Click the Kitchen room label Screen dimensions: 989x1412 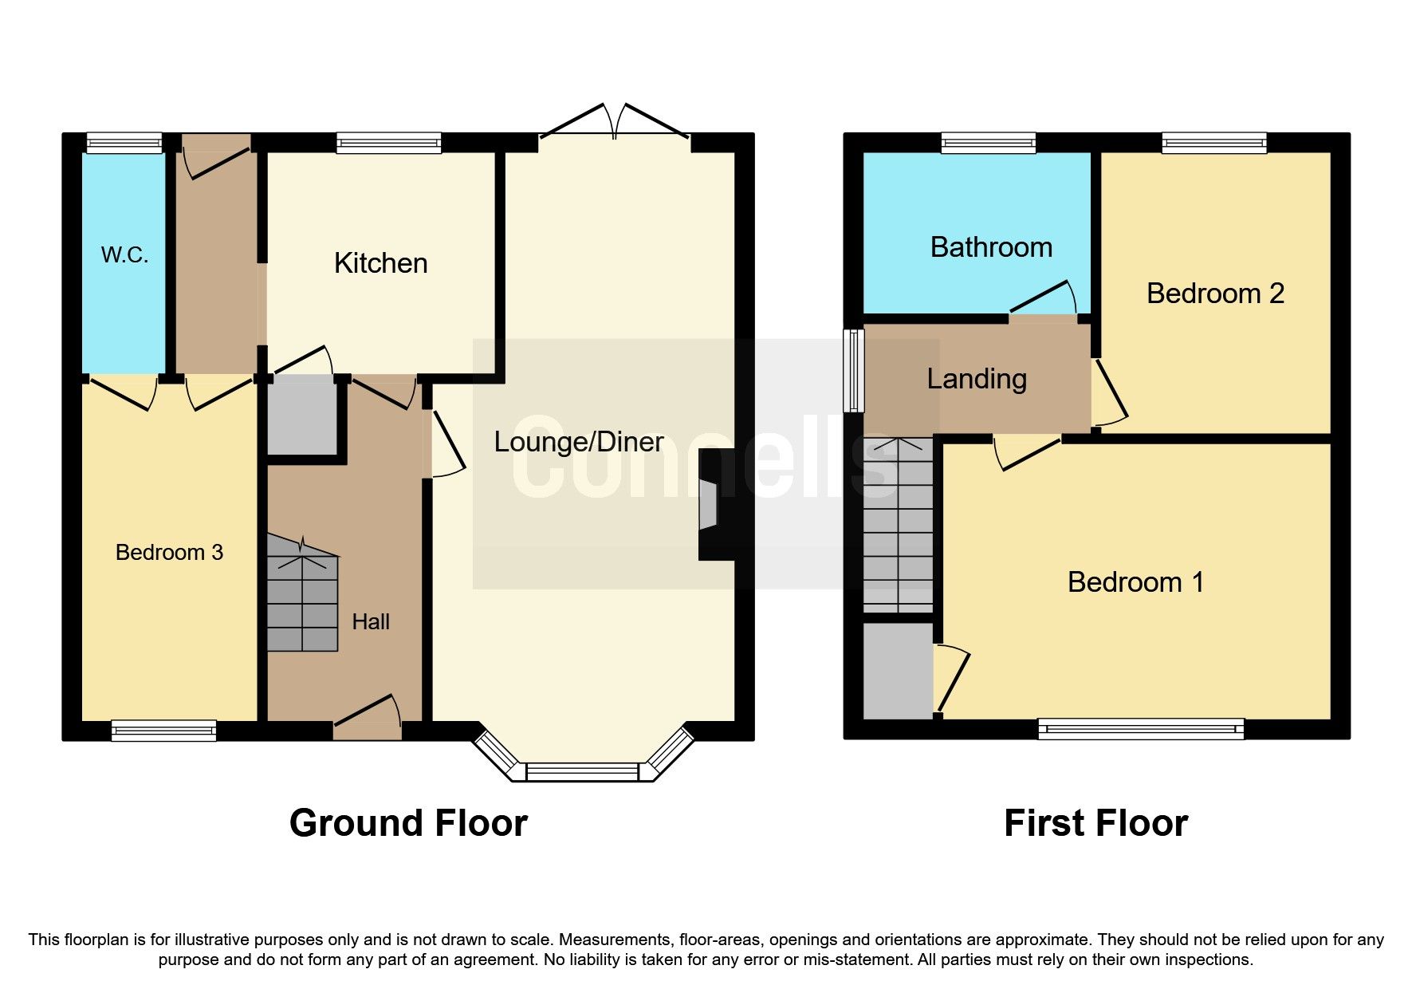click(x=380, y=263)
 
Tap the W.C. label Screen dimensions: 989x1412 click(x=124, y=255)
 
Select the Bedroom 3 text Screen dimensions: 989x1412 click(x=169, y=552)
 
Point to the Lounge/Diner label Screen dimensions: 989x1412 click(x=578, y=442)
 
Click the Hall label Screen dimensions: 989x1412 click(x=371, y=621)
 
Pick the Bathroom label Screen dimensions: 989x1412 click(x=991, y=247)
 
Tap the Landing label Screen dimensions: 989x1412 click(x=976, y=378)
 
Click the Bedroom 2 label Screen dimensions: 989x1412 click(x=1215, y=294)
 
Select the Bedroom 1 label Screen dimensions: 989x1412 click(x=1135, y=582)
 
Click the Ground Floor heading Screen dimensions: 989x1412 click(x=408, y=823)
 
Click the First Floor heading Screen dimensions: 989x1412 click(x=1095, y=823)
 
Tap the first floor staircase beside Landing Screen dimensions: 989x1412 click(x=898, y=526)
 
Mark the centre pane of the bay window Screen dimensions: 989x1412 click(x=582, y=772)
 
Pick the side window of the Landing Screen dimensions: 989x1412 click(x=854, y=370)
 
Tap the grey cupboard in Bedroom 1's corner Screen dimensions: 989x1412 click(x=898, y=671)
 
